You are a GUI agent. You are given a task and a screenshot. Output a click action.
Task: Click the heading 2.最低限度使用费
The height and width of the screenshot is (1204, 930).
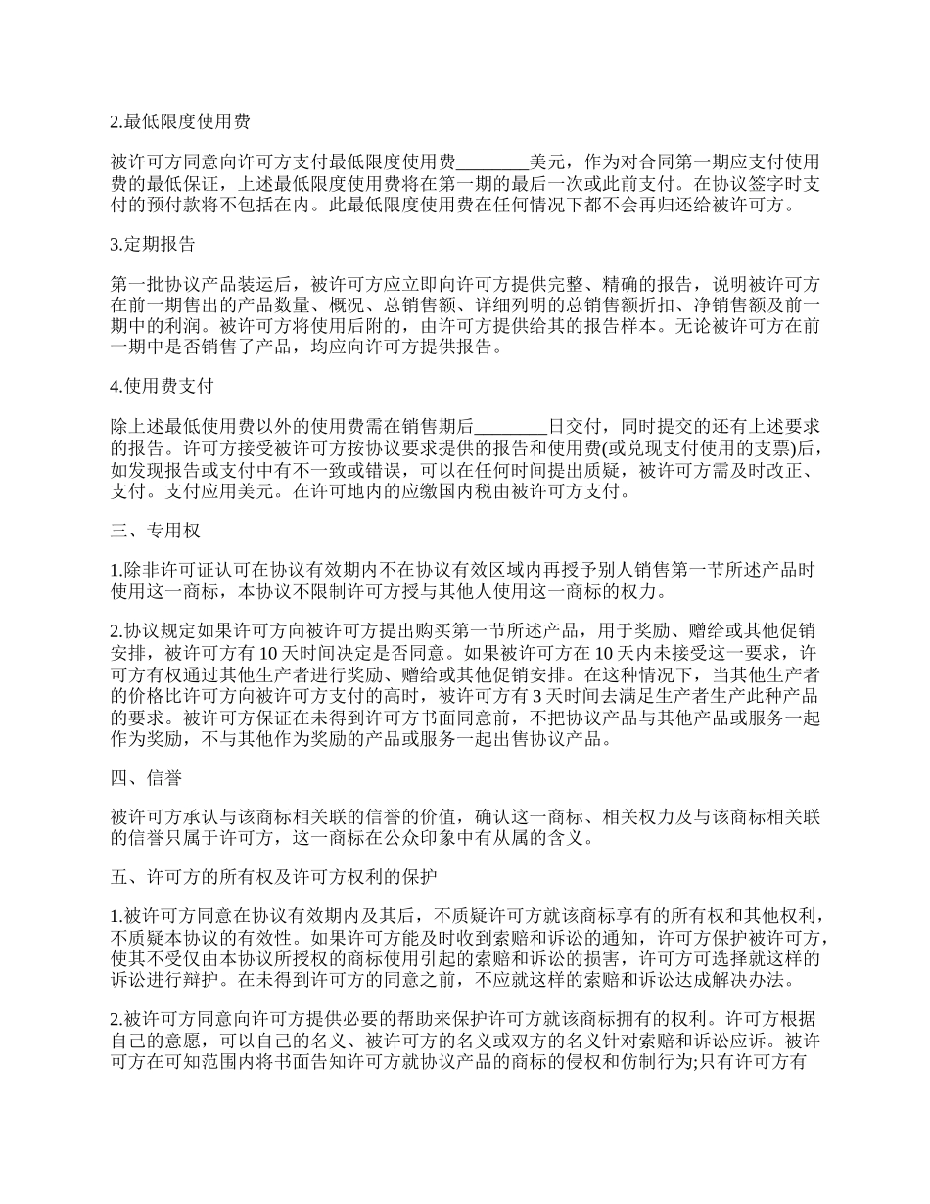coord(179,122)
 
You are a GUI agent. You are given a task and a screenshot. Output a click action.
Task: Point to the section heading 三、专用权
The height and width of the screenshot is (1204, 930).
coord(156,531)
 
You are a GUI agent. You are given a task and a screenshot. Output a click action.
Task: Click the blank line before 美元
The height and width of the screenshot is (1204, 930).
coord(492,162)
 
